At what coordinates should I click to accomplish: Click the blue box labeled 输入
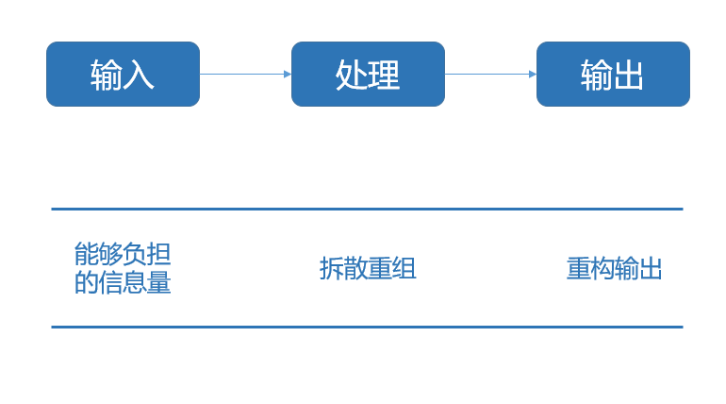123,74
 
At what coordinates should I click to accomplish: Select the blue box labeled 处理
368,74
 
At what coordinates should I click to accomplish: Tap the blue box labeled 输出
613,74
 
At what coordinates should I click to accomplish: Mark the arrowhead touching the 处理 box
287,74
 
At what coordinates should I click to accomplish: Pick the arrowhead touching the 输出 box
532,74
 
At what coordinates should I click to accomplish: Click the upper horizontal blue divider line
367,209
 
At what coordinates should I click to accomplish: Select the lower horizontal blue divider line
367,327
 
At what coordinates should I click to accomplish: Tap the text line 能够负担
123,253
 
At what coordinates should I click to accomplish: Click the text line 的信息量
123,282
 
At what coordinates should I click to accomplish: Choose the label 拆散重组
368,269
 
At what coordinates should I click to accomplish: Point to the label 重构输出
615,269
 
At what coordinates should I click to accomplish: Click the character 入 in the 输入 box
139,75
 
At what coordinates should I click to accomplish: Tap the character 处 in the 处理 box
352,75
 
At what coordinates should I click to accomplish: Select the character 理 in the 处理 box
384,75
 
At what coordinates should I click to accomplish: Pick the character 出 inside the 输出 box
629,75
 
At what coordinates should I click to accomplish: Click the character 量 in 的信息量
159,282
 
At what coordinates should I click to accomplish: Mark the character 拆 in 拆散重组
332,269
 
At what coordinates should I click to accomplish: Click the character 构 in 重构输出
602,269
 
